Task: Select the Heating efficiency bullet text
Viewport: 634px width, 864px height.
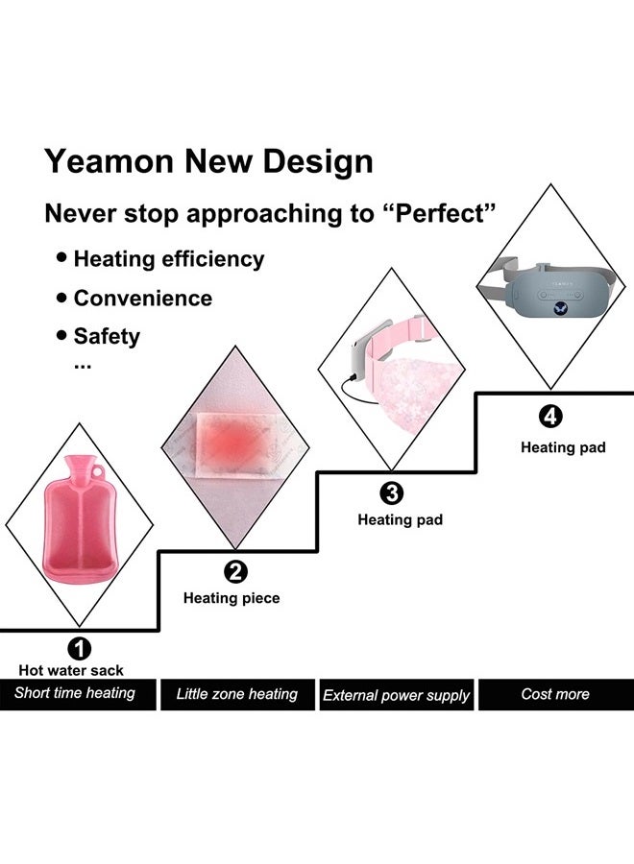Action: (x=168, y=259)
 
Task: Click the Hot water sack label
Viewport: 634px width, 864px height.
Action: (x=71, y=671)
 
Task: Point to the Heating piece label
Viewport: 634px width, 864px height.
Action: (x=232, y=598)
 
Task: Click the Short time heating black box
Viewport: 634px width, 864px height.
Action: (x=76, y=693)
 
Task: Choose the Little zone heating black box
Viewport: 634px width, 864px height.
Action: (x=236, y=694)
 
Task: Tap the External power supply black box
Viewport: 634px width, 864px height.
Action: (x=396, y=695)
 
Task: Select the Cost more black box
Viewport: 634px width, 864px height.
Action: (x=555, y=694)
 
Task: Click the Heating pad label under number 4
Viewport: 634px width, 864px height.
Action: (x=563, y=447)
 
